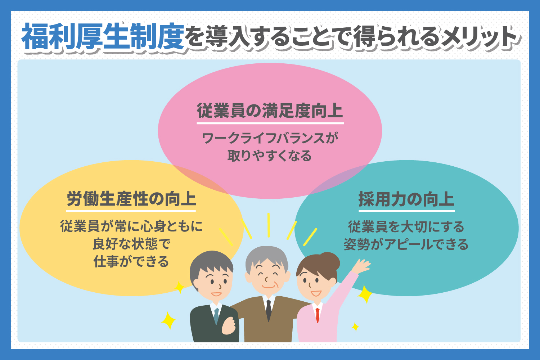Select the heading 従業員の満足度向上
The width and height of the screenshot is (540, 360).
click(x=270, y=111)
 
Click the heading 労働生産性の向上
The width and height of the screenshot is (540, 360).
click(x=131, y=199)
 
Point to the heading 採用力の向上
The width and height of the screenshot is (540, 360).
click(x=406, y=199)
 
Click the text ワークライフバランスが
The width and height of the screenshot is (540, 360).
click(x=270, y=138)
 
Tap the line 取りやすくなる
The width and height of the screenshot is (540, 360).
click(x=270, y=156)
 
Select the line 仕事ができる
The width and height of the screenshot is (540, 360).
click(x=131, y=261)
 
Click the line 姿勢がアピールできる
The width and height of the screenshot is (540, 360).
click(x=406, y=244)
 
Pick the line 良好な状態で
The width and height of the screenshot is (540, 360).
click(x=132, y=244)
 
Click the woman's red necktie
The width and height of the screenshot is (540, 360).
click(x=318, y=315)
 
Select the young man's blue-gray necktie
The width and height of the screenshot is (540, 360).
click(x=216, y=316)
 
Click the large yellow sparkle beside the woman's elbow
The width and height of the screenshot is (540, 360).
click(x=365, y=294)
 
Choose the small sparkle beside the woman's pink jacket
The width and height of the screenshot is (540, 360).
click(x=355, y=327)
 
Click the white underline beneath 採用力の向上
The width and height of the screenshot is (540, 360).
click(x=406, y=211)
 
